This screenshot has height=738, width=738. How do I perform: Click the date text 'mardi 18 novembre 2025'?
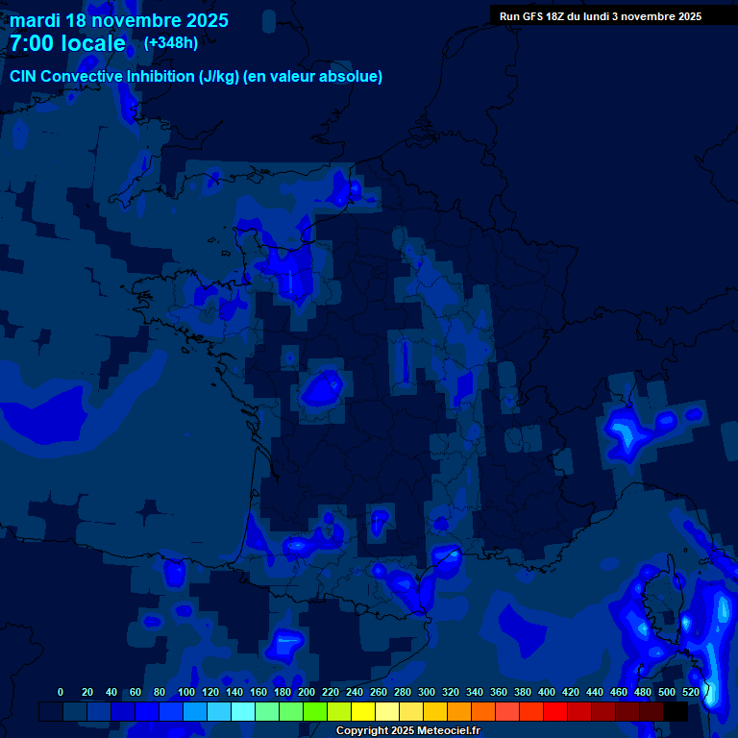(x=119, y=20)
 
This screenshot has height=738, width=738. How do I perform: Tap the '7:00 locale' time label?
(x=67, y=43)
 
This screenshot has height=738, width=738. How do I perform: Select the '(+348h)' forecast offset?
(x=171, y=42)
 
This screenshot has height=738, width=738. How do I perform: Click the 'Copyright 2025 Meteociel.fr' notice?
(x=407, y=731)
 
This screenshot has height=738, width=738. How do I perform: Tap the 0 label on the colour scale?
(x=61, y=692)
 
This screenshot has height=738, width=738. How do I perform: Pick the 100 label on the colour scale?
(x=186, y=692)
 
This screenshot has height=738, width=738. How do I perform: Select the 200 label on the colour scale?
(x=307, y=692)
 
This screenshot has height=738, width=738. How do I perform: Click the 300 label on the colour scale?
(x=427, y=692)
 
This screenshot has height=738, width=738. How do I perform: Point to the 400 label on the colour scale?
(x=547, y=692)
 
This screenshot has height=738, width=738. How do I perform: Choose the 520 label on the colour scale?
(x=691, y=692)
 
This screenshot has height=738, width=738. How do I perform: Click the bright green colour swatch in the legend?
(x=315, y=712)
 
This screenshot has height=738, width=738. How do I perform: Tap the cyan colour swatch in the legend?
(x=243, y=712)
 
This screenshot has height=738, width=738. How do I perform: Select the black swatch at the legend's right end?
(x=676, y=712)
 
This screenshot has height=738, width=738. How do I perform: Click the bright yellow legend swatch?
(x=363, y=712)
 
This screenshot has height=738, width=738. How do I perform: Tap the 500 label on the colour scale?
(x=667, y=692)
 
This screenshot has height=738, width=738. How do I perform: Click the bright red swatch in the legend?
(x=555, y=712)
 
